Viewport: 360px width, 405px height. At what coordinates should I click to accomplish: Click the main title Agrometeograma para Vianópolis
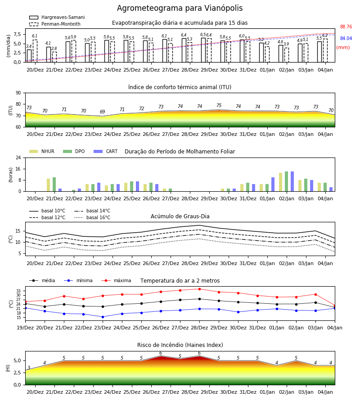(x=180, y=8)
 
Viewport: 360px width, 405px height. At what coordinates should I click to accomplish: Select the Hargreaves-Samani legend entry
(x=57, y=17)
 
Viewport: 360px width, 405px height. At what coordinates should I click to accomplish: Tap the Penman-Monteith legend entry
(x=55, y=24)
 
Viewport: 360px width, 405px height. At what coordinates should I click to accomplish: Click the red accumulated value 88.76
(x=346, y=27)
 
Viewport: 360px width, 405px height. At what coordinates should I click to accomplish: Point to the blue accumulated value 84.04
(x=346, y=38)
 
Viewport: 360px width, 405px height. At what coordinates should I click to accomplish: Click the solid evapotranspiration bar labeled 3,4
(x=29, y=56)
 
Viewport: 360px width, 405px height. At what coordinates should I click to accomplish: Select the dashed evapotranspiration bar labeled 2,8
(x=54, y=57)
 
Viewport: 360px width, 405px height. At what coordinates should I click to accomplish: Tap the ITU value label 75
(x=219, y=105)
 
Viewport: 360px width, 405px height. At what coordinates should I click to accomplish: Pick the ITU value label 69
(x=103, y=112)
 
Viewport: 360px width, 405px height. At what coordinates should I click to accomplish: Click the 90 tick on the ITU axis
(x=18, y=93)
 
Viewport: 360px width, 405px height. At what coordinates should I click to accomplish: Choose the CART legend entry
(x=106, y=151)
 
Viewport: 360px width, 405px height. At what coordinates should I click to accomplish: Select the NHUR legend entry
(x=42, y=151)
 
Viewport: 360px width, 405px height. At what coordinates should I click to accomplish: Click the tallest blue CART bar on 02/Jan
(x=292, y=181)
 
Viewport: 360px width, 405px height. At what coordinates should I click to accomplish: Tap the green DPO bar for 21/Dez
(x=54, y=184)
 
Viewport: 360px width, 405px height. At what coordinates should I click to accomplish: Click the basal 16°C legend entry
(x=92, y=217)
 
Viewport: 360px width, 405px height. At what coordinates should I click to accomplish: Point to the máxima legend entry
(x=116, y=280)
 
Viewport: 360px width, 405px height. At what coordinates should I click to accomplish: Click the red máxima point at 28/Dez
(x=199, y=289)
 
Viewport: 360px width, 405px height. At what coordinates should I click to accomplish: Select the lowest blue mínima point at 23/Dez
(x=103, y=317)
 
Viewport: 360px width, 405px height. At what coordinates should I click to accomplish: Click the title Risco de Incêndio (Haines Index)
(x=180, y=345)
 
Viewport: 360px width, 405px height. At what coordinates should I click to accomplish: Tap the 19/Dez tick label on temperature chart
(x=25, y=328)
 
